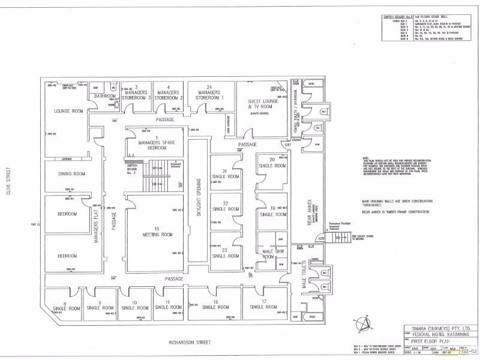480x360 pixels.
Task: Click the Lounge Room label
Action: (68, 111)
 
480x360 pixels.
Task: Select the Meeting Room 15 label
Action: (154, 231)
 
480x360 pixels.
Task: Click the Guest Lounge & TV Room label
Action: (262, 103)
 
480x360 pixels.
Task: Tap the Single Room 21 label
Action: (226, 174)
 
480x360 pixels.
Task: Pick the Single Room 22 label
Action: (226, 207)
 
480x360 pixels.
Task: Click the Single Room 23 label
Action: (226, 253)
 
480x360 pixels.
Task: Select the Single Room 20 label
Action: (272, 162)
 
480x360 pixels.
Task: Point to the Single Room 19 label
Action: (272, 211)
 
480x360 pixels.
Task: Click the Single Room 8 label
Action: (65, 305)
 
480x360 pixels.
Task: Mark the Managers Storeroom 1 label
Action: (210, 93)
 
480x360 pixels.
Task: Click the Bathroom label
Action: (104, 96)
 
